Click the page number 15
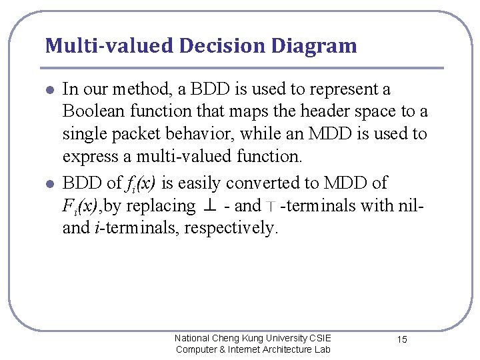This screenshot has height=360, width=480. pyautogui.click(x=402, y=340)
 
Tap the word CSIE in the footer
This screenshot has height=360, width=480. pyautogui.click(x=319, y=338)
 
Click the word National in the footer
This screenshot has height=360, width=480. pyautogui.click(x=192, y=338)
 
